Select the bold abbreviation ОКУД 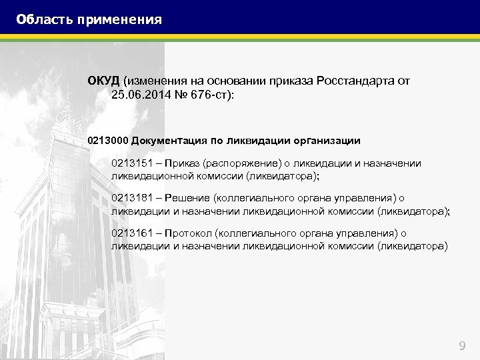tap(103, 81)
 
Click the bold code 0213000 tap(108, 141)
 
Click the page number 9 tap(463, 345)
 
